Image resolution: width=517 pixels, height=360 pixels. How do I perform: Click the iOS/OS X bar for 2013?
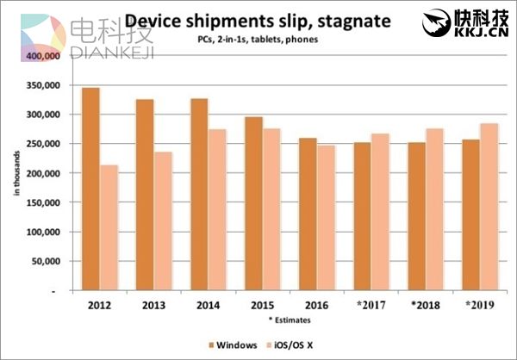point(164,221)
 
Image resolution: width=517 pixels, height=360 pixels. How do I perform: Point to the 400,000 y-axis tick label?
point(42,55)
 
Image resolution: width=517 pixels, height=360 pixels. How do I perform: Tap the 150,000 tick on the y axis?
point(42,202)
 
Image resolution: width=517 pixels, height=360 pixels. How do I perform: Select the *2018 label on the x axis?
point(425,305)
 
